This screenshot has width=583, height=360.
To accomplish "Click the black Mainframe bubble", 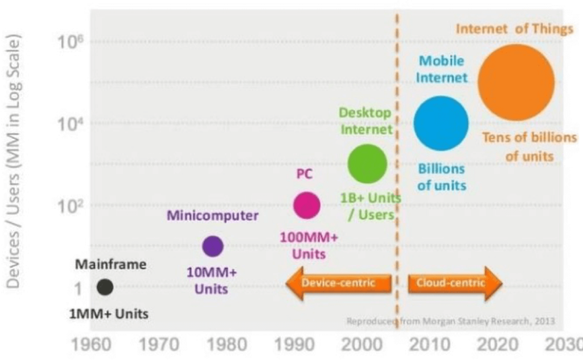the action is point(105,287).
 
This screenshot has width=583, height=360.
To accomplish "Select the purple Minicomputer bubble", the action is point(213,246).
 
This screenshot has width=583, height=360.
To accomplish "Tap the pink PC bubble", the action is point(307,205).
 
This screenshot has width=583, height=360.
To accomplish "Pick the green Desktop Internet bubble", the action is point(367,163).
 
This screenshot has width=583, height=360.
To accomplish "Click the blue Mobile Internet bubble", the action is point(441,123).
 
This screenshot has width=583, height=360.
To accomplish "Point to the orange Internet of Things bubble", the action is point(516,82).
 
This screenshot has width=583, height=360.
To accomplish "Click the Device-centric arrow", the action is point(339,284).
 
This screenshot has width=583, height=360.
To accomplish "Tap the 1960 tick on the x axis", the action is point(91,345).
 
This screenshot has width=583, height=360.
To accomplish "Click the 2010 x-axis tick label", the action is point(429,345).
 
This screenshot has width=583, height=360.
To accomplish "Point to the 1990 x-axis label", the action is point(294,345).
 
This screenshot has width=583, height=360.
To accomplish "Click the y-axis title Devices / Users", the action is point(14,162).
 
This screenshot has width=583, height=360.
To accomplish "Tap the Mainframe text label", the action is point(111,264).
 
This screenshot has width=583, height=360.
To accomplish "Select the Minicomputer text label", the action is point(212,215).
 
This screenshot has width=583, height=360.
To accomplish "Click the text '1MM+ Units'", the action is point(109,314).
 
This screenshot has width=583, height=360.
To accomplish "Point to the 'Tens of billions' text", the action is point(529,138).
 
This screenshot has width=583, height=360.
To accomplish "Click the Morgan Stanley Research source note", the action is point(451,321).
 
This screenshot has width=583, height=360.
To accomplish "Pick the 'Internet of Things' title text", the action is point(515,29).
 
